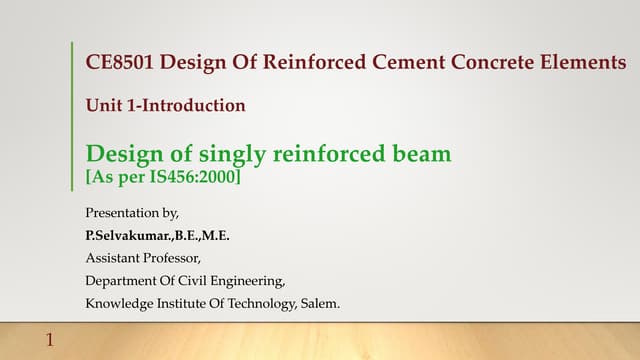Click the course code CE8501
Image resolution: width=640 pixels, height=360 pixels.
(x=120, y=63)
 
